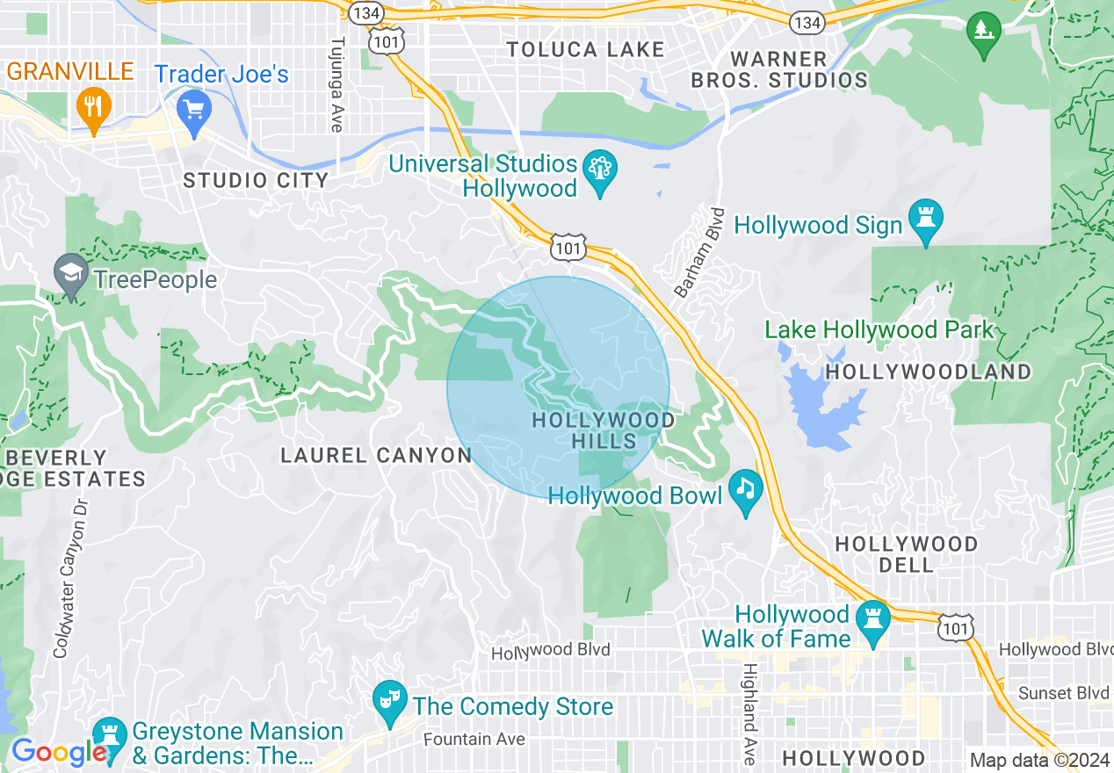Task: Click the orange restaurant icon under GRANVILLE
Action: pos(92,107)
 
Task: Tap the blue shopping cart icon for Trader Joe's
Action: pos(193,110)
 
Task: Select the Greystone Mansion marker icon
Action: pos(110,734)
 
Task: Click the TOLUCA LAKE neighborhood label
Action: pos(585,50)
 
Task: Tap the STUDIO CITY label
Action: pos(256,181)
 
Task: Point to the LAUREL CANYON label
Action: pos(376,455)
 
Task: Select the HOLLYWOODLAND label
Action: pos(929,372)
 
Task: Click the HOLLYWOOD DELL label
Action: pos(906,554)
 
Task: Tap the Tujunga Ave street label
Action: pos(336,84)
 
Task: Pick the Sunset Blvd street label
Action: pos(1063,693)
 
